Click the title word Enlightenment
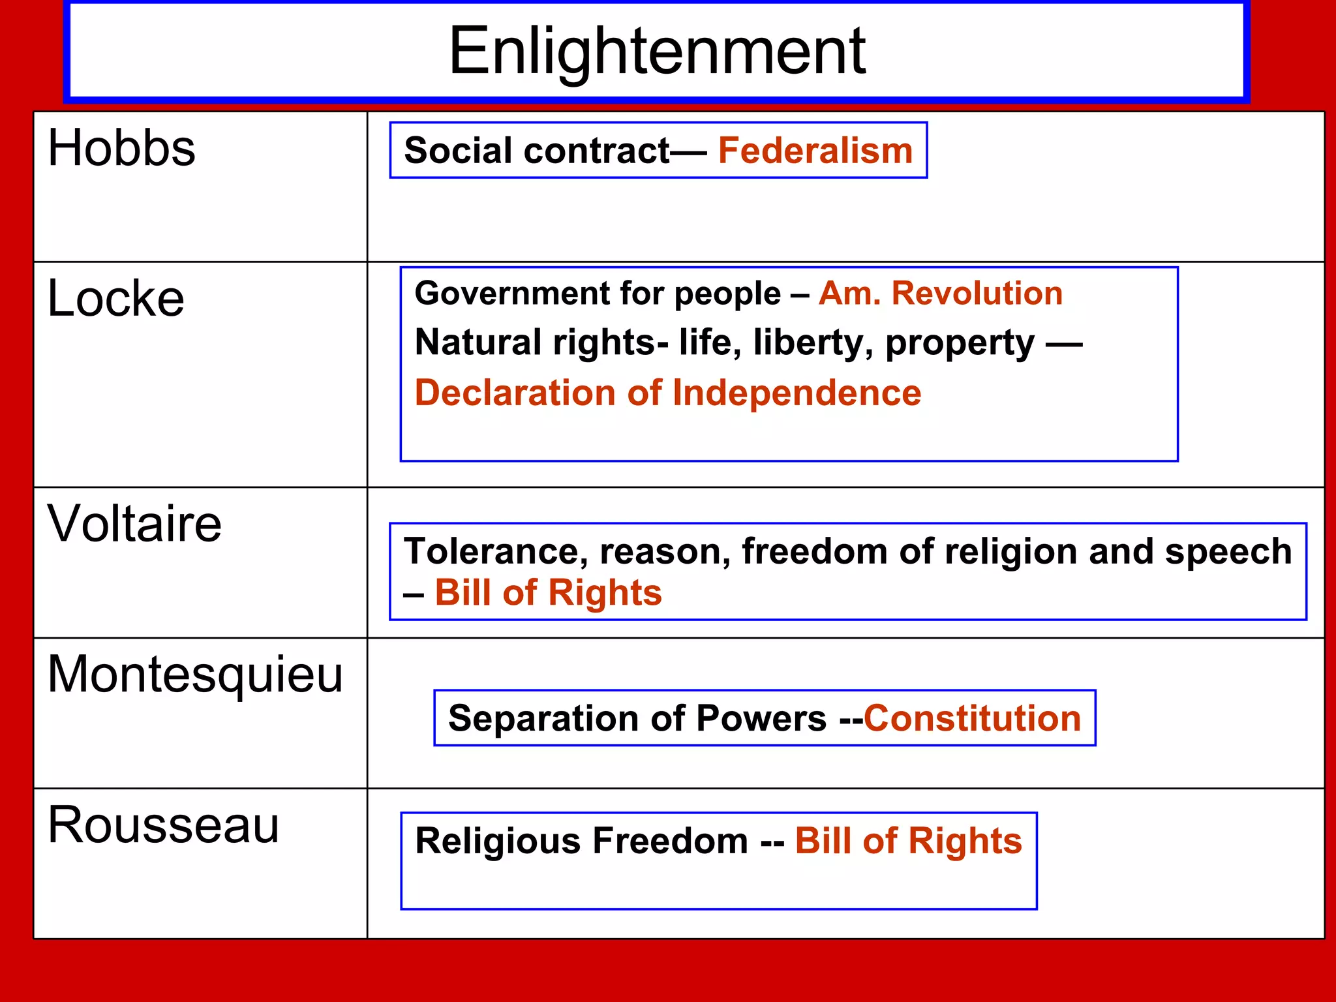[657, 51]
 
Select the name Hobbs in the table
[121, 148]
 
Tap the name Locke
[116, 299]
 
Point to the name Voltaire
[134, 524]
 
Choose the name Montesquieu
[195, 675]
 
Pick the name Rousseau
[163, 825]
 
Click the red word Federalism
[815, 151]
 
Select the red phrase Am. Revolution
[940, 293]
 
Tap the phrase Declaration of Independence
[667, 393]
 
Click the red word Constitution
[972, 718]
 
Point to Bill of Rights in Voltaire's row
[548, 593]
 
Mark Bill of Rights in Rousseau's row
[908, 840]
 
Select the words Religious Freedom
[581, 840]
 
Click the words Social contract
[536, 151]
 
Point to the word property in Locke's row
[960, 343]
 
